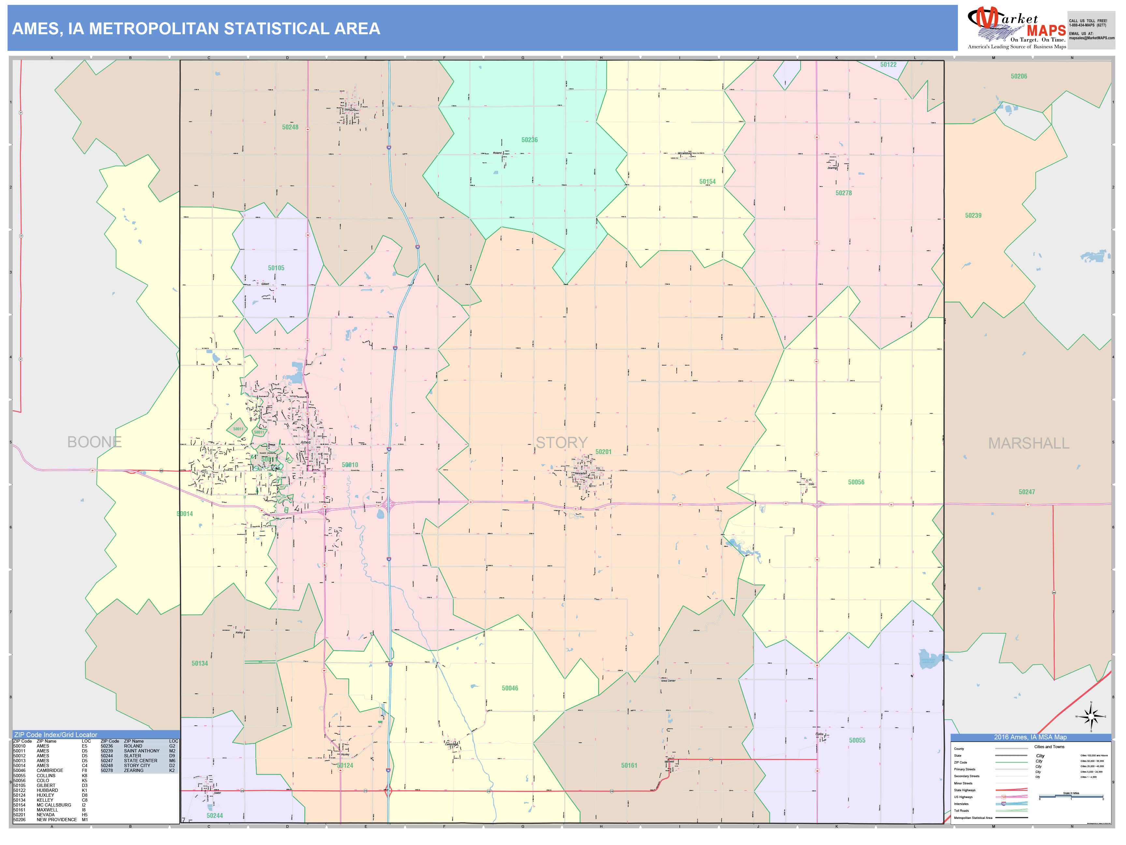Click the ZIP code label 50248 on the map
pos(290,127)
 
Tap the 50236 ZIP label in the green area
pos(529,140)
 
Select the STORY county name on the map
pos(561,443)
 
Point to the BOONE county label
pos(95,442)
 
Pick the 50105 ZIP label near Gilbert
pos(276,268)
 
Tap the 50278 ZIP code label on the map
pos(844,193)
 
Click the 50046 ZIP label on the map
pos(510,688)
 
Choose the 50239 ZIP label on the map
pos(973,215)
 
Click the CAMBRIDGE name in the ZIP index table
pos(50,771)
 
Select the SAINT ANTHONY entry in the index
pos(141,751)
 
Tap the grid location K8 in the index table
pos(84,776)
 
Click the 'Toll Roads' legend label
pos(961,810)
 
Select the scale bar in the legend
pos(1071,797)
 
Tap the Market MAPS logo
pos(1016,28)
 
